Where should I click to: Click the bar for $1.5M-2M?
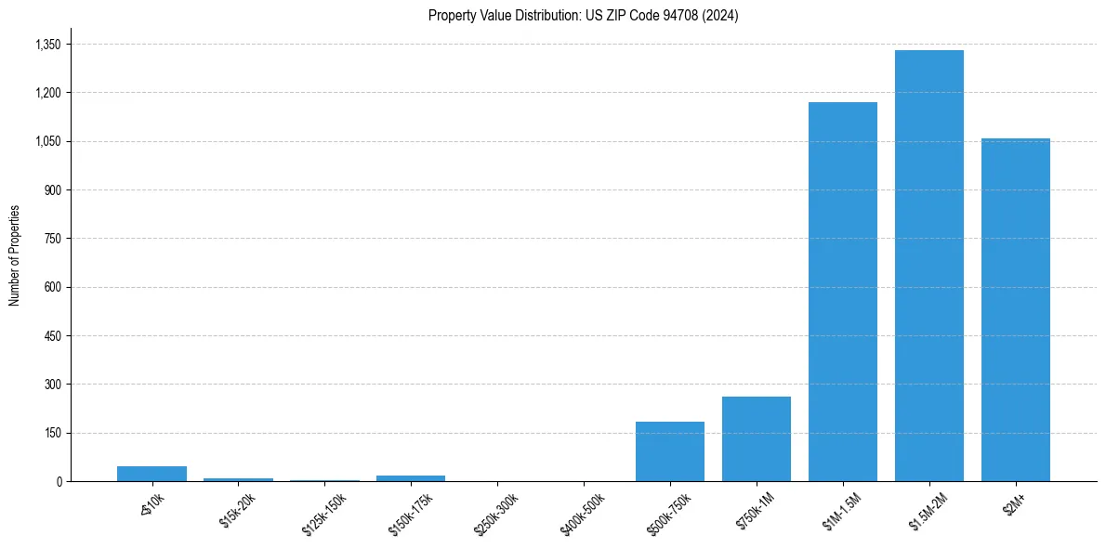(928, 266)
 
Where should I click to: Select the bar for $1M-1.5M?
(842, 292)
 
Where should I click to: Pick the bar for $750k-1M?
(756, 438)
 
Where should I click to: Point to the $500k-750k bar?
(669, 451)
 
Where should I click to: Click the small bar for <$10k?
(151, 474)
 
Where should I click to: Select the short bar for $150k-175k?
(411, 478)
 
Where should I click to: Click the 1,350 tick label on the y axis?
(47, 45)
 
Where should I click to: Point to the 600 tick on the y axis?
(53, 287)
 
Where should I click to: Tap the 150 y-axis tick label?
(53, 433)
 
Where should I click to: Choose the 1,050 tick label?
(47, 141)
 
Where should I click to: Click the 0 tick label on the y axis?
(59, 481)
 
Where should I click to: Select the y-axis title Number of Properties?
(14, 255)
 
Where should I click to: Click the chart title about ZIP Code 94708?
(583, 16)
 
